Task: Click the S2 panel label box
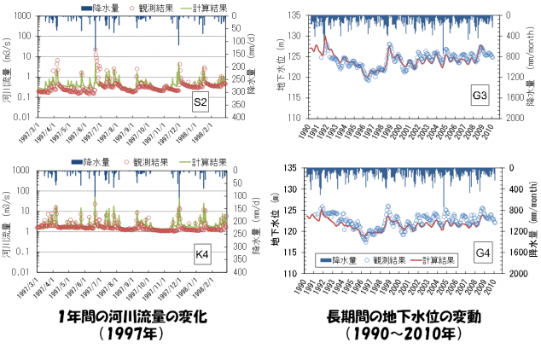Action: pyautogui.click(x=200, y=104)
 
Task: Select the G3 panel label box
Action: pyautogui.click(x=480, y=96)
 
